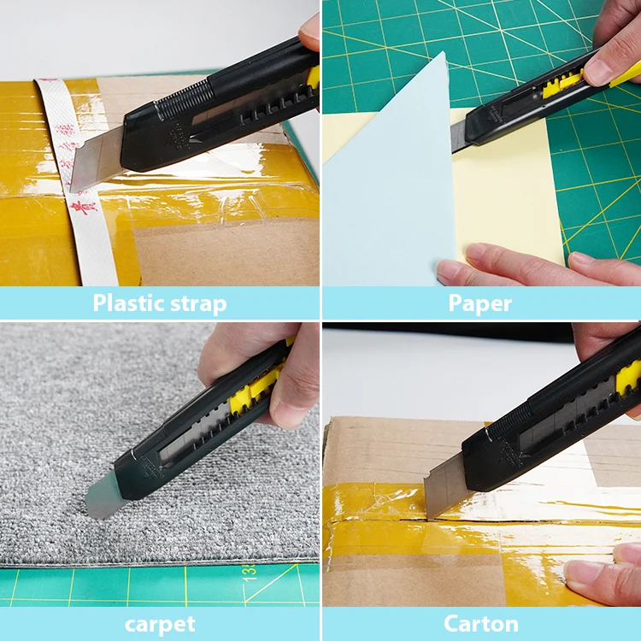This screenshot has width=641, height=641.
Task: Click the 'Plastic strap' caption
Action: (x=160, y=303)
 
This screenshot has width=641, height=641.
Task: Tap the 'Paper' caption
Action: (x=480, y=303)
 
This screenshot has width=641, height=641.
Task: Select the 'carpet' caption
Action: (x=160, y=624)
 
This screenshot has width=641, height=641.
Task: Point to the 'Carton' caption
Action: (x=480, y=624)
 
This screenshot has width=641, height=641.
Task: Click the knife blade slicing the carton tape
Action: (x=444, y=483)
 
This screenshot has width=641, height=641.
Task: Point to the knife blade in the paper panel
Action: (x=459, y=135)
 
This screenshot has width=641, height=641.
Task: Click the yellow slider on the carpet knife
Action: (x=256, y=389)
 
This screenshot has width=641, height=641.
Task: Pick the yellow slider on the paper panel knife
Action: (x=564, y=83)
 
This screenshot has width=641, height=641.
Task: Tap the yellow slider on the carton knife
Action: (x=628, y=376)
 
